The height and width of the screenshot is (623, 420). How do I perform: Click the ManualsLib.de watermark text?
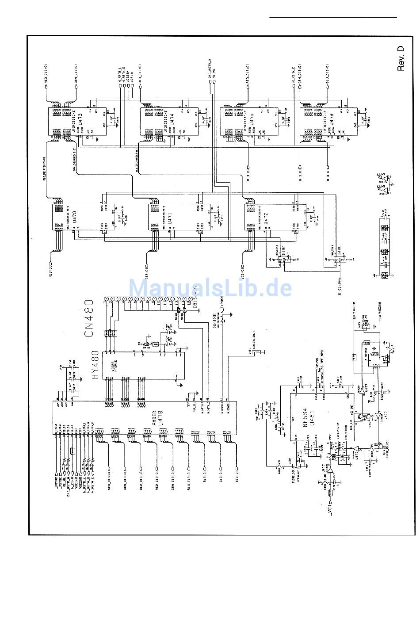pos(210,288)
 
